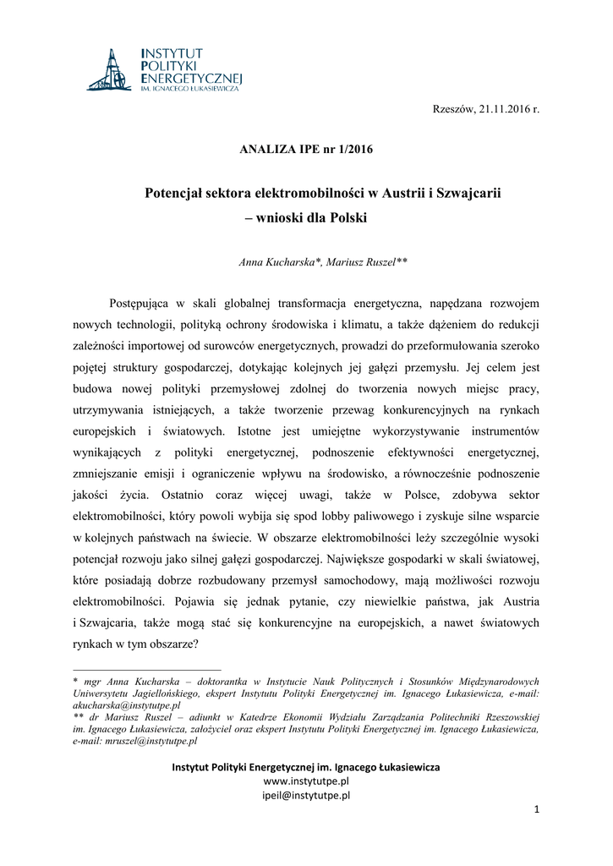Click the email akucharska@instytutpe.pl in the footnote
click(x=128, y=704)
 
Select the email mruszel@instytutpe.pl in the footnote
click(x=150, y=741)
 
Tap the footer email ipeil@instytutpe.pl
click(x=306, y=795)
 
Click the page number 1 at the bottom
click(x=536, y=810)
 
